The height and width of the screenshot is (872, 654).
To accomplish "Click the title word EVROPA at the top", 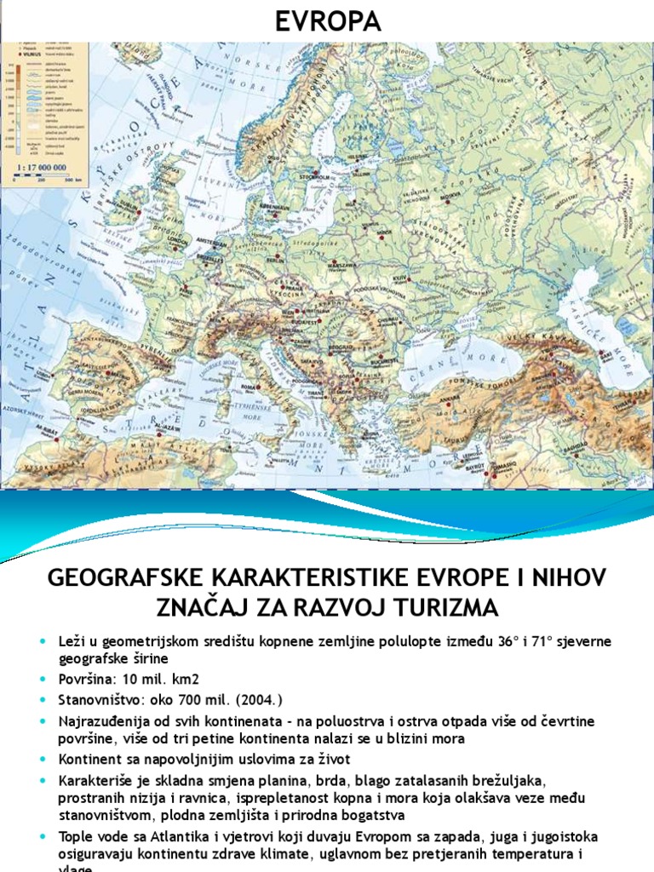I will (326, 20).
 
